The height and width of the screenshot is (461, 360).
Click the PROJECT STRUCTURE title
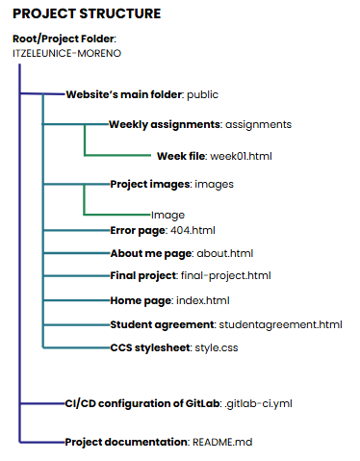pyautogui.click(x=86, y=13)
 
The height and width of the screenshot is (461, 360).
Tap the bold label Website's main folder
pyautogui.click(x=124, y=95)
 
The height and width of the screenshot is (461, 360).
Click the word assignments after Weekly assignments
pyautogui.click(x=259, y=124)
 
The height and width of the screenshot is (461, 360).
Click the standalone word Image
pyautogui.click(x=167, y=215)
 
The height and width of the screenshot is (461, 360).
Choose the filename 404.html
pyautogui.click(x=193, y=231)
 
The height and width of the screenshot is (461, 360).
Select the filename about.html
pyautogui.click(x=223, y=253)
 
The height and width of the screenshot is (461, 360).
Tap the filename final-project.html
pyautogui.click(x=225, y=276)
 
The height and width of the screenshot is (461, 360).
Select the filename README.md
pyautogui.click(x=220, y=442)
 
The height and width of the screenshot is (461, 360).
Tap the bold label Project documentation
pyautogui.click(x=125, y=442)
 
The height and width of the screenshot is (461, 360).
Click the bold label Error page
pyautogui.click(x=138, y=231)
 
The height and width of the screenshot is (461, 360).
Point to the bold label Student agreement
pyautogui.click(x=162, y=323)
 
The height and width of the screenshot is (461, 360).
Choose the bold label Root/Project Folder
pyautogui.click(x=64, y=38)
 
